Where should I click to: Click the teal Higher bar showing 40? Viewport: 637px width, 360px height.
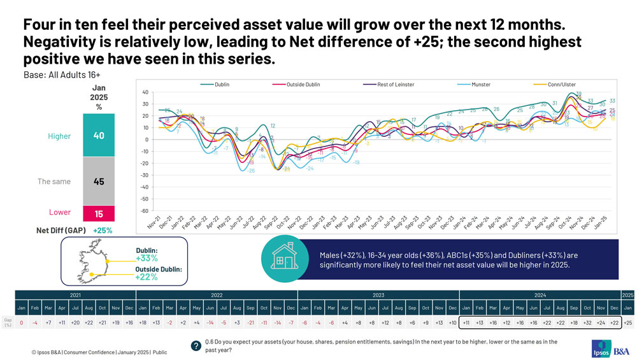(x=99, y=136)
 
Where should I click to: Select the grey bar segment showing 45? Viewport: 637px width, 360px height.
(x=99, y=182)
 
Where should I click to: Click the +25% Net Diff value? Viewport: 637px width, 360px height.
(x=103, y=230)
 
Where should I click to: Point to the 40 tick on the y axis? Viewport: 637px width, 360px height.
(x=145, y=92)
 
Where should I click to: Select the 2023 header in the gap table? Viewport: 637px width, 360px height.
(x=378, y=295)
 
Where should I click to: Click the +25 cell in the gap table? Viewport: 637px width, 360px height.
(x=627, y=323)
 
